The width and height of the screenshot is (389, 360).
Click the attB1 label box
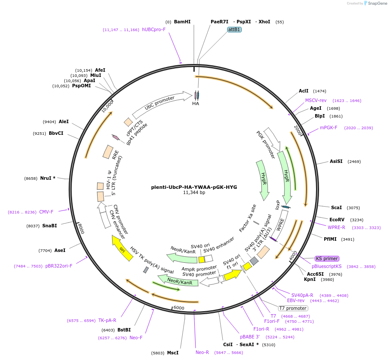234,29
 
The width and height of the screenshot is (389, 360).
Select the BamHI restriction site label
182,22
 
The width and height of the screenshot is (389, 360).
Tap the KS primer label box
327,258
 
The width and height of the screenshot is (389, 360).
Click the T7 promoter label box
293,308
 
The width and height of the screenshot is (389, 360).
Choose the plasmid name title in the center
194,187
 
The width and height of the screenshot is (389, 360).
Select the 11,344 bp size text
194,193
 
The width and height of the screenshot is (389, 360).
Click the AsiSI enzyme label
336,161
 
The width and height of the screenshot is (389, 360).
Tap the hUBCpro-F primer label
154,29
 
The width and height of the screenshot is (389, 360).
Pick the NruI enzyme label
47,178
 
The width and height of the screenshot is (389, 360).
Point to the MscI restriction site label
173,353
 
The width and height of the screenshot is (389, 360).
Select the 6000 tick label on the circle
179,308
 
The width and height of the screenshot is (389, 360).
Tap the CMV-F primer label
46,212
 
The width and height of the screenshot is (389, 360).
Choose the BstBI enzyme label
124,330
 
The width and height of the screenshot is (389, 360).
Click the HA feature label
196,103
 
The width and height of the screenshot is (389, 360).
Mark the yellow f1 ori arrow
233,274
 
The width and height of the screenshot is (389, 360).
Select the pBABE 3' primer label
250,337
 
